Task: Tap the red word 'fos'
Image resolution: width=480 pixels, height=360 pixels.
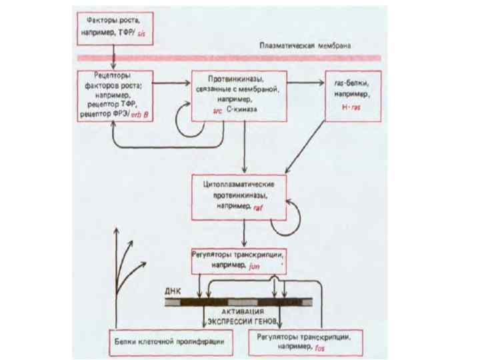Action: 320,347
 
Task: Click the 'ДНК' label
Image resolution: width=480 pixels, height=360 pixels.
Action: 173,292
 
